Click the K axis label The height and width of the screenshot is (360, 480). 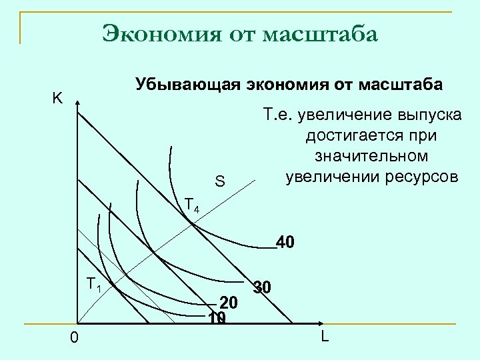click(x=58, y=99)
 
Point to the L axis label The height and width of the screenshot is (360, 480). click(x=325, y=336)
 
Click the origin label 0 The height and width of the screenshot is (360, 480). click(x=74, y=339)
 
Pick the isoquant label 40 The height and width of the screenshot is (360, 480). click(x=285, y=241)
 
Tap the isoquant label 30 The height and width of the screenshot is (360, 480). click(x=261, y=288)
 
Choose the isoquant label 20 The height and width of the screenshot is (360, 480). click(x=229, y=301)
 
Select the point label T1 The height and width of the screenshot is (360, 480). click(x=93, y=285)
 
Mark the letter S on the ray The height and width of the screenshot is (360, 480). click(x=220, y=182)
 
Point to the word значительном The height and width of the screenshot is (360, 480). click(x=370, y=157)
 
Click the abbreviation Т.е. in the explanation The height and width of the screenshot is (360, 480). click(x=276, y=115)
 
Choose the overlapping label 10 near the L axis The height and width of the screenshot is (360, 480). click(x=215, y=318)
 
